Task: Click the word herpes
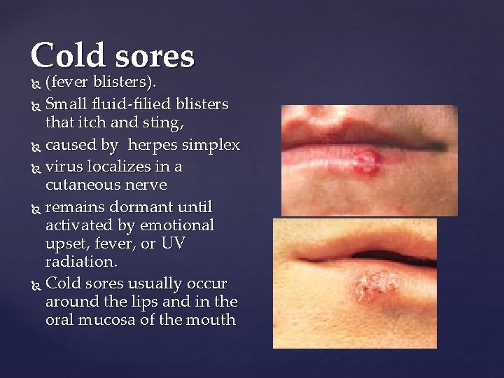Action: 153,146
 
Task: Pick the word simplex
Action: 211,146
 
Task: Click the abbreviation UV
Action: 174,244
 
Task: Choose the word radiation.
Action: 79,262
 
